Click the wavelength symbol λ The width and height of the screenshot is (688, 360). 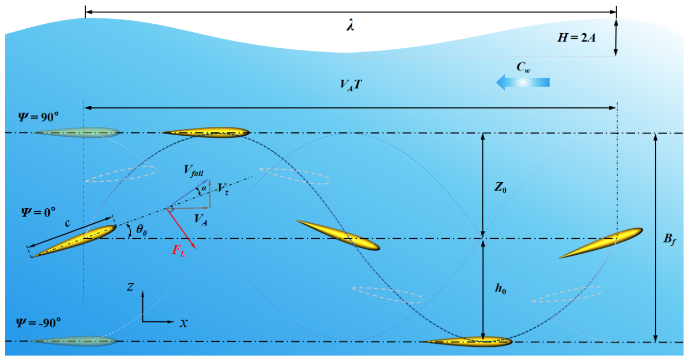[x=350, y=25]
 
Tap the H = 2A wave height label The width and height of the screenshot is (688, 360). [x=576, y=38]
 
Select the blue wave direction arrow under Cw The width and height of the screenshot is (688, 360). [x=523, y=83]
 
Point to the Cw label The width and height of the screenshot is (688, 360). [x=523, y=67]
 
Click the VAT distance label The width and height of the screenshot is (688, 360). [x=351, y=85]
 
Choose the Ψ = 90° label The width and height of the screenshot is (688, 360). [x=38, y=117]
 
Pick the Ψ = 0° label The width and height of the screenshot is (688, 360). [x=38, y=212]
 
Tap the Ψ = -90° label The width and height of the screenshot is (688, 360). [x=38, y=323]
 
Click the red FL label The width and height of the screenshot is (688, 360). [x=178, y=250]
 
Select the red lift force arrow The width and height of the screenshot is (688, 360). [x=181, y=229]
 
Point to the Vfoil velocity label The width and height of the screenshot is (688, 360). [x=193, y=171]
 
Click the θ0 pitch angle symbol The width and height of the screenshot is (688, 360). [x=142, y=229]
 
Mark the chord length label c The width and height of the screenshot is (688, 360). [x=68, y=223]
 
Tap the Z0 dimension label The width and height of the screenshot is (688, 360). [x=500, y=187]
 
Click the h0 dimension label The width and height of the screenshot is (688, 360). [x=500, y=289]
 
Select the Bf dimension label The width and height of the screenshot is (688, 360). [x=670, y=239]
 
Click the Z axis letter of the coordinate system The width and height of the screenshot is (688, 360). [x=130, y=287]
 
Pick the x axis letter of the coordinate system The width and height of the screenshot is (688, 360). [x=184, y=323]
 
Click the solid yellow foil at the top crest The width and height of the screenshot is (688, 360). [x=206, y=132]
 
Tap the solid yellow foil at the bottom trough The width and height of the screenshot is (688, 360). [x=469, y=341]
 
